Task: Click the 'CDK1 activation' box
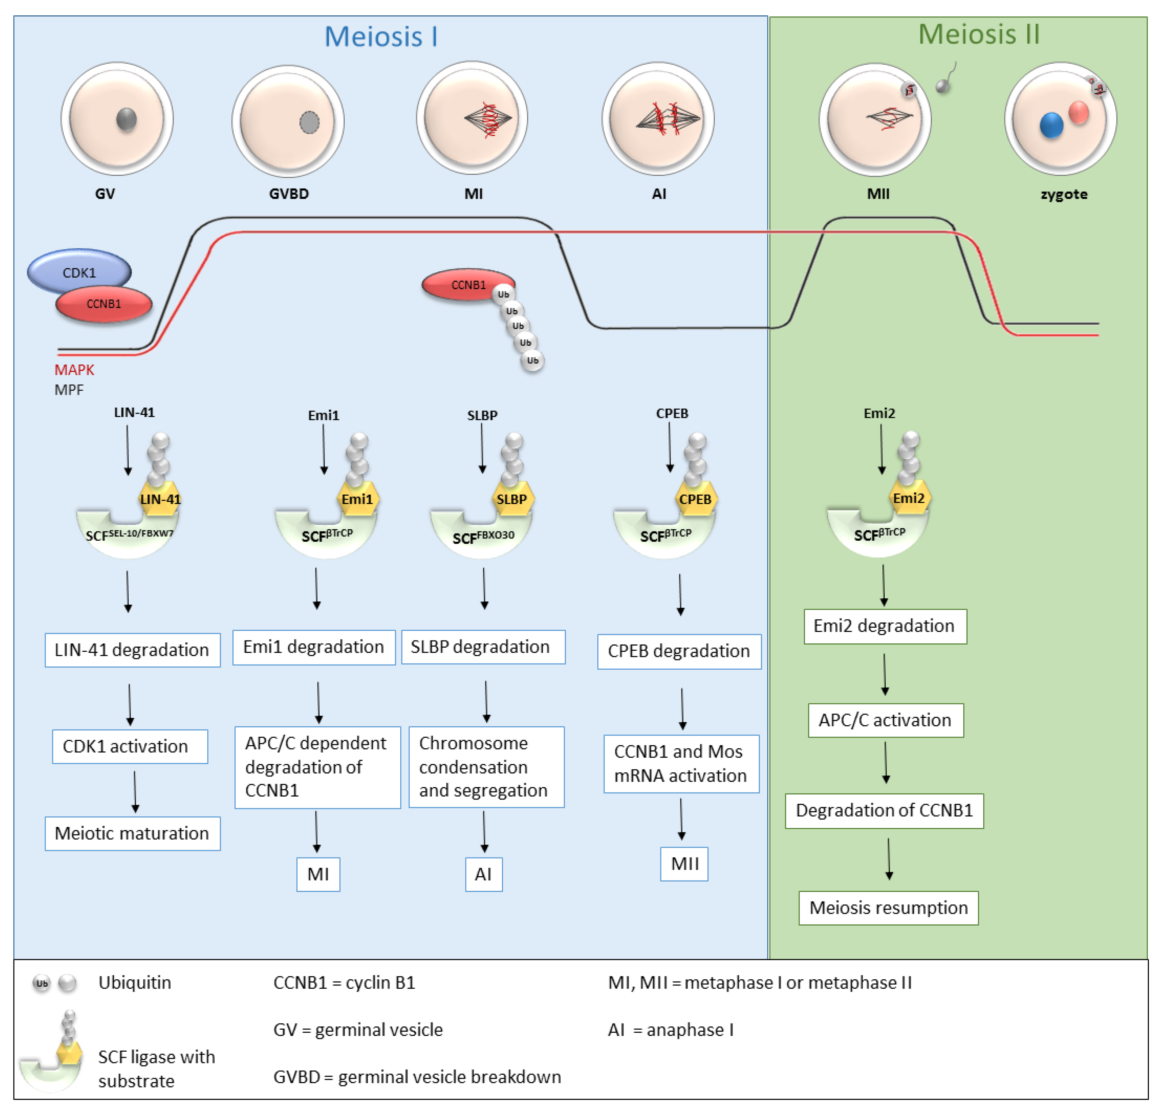point(130,746)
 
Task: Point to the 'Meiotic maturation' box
point(132,833)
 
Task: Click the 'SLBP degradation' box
point(483,647)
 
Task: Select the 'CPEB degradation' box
point(679,651)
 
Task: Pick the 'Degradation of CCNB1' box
point(884,810)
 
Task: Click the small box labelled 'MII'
point(684,864)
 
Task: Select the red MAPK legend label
point(74,370)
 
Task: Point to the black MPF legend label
point(69,390)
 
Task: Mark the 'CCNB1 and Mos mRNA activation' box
point(681,764)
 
